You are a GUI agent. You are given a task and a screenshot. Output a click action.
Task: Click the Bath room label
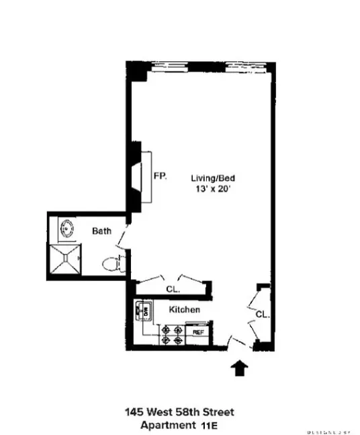(x=101, y=231)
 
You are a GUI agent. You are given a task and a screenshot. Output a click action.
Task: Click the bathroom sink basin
(x=67, y=229)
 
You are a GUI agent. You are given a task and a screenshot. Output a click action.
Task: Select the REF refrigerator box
(x=198, y=332)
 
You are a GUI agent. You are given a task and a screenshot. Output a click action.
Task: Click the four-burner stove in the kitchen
(x=172, y=334)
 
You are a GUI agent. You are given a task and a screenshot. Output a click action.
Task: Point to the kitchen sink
(x=143, y=311)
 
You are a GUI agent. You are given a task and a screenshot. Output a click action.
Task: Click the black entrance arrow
(x=240, y=368)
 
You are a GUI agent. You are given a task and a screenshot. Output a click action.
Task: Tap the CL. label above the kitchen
(x=172, y=289)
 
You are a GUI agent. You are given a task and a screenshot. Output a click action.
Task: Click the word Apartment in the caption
(x=163, y=424)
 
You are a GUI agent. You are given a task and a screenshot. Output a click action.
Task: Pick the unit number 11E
(x=208, y=424)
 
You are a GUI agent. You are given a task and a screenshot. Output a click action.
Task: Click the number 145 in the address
(x=134, y=411)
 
